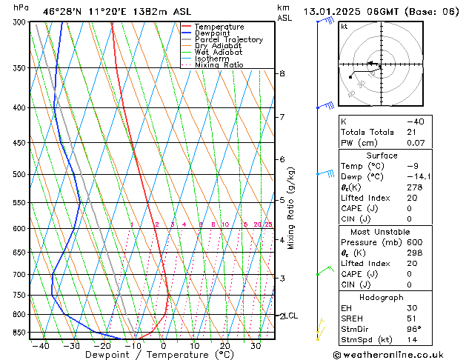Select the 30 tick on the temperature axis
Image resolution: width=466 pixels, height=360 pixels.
[x=255, y=345]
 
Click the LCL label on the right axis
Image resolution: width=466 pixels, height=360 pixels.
[x=291, y=316]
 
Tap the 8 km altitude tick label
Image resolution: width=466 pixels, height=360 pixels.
[x=282, y=73]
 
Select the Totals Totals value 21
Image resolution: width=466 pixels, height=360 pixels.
[x=411, y=133]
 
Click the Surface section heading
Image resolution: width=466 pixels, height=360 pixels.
[x=382, y=156]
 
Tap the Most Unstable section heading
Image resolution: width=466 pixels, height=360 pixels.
[x=382, y=231]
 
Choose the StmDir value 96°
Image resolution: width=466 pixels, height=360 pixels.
[x=414, y=328]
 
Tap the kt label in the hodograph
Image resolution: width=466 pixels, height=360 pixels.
[x=344, y=27]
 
